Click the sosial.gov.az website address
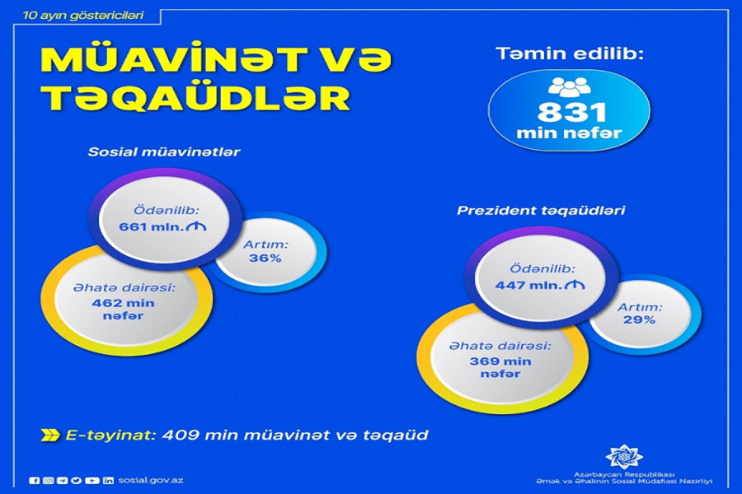pyautogui.click(x=152, y=480)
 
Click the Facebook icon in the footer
pyautogui.click(x=34, y=480)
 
